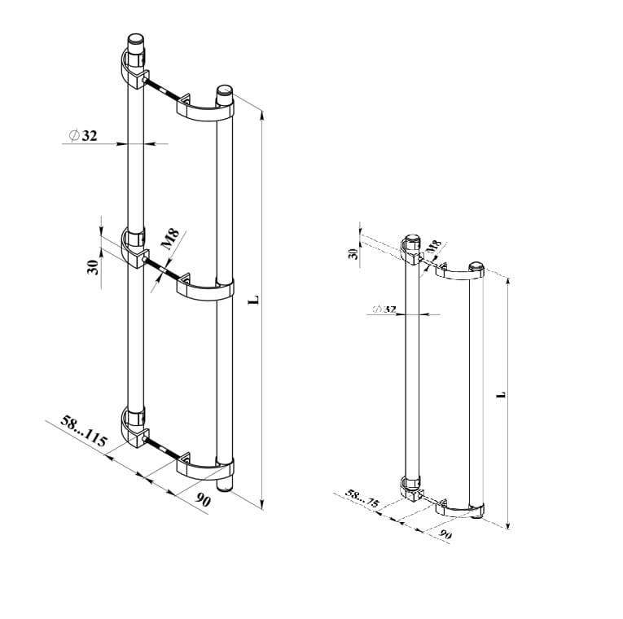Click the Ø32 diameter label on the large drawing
tap(83, 136)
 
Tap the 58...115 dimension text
tap(84, 432)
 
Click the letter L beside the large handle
tap(254, 300)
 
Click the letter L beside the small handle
tap(502, 394)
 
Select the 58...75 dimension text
tap(362, 498)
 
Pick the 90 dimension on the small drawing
tap(445, 534)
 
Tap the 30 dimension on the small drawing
tap(353, 254)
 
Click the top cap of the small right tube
tap(477, 268)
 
